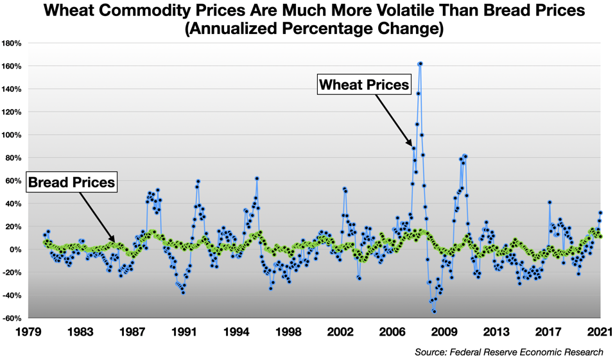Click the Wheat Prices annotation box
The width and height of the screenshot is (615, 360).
pos(364,84)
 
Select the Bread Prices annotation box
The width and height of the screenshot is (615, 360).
pos(71,183)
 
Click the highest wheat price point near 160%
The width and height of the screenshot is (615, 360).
pos(420,64)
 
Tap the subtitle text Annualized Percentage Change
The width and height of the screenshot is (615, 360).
pos(307,30)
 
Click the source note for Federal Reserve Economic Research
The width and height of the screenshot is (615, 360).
pos(509,352)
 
